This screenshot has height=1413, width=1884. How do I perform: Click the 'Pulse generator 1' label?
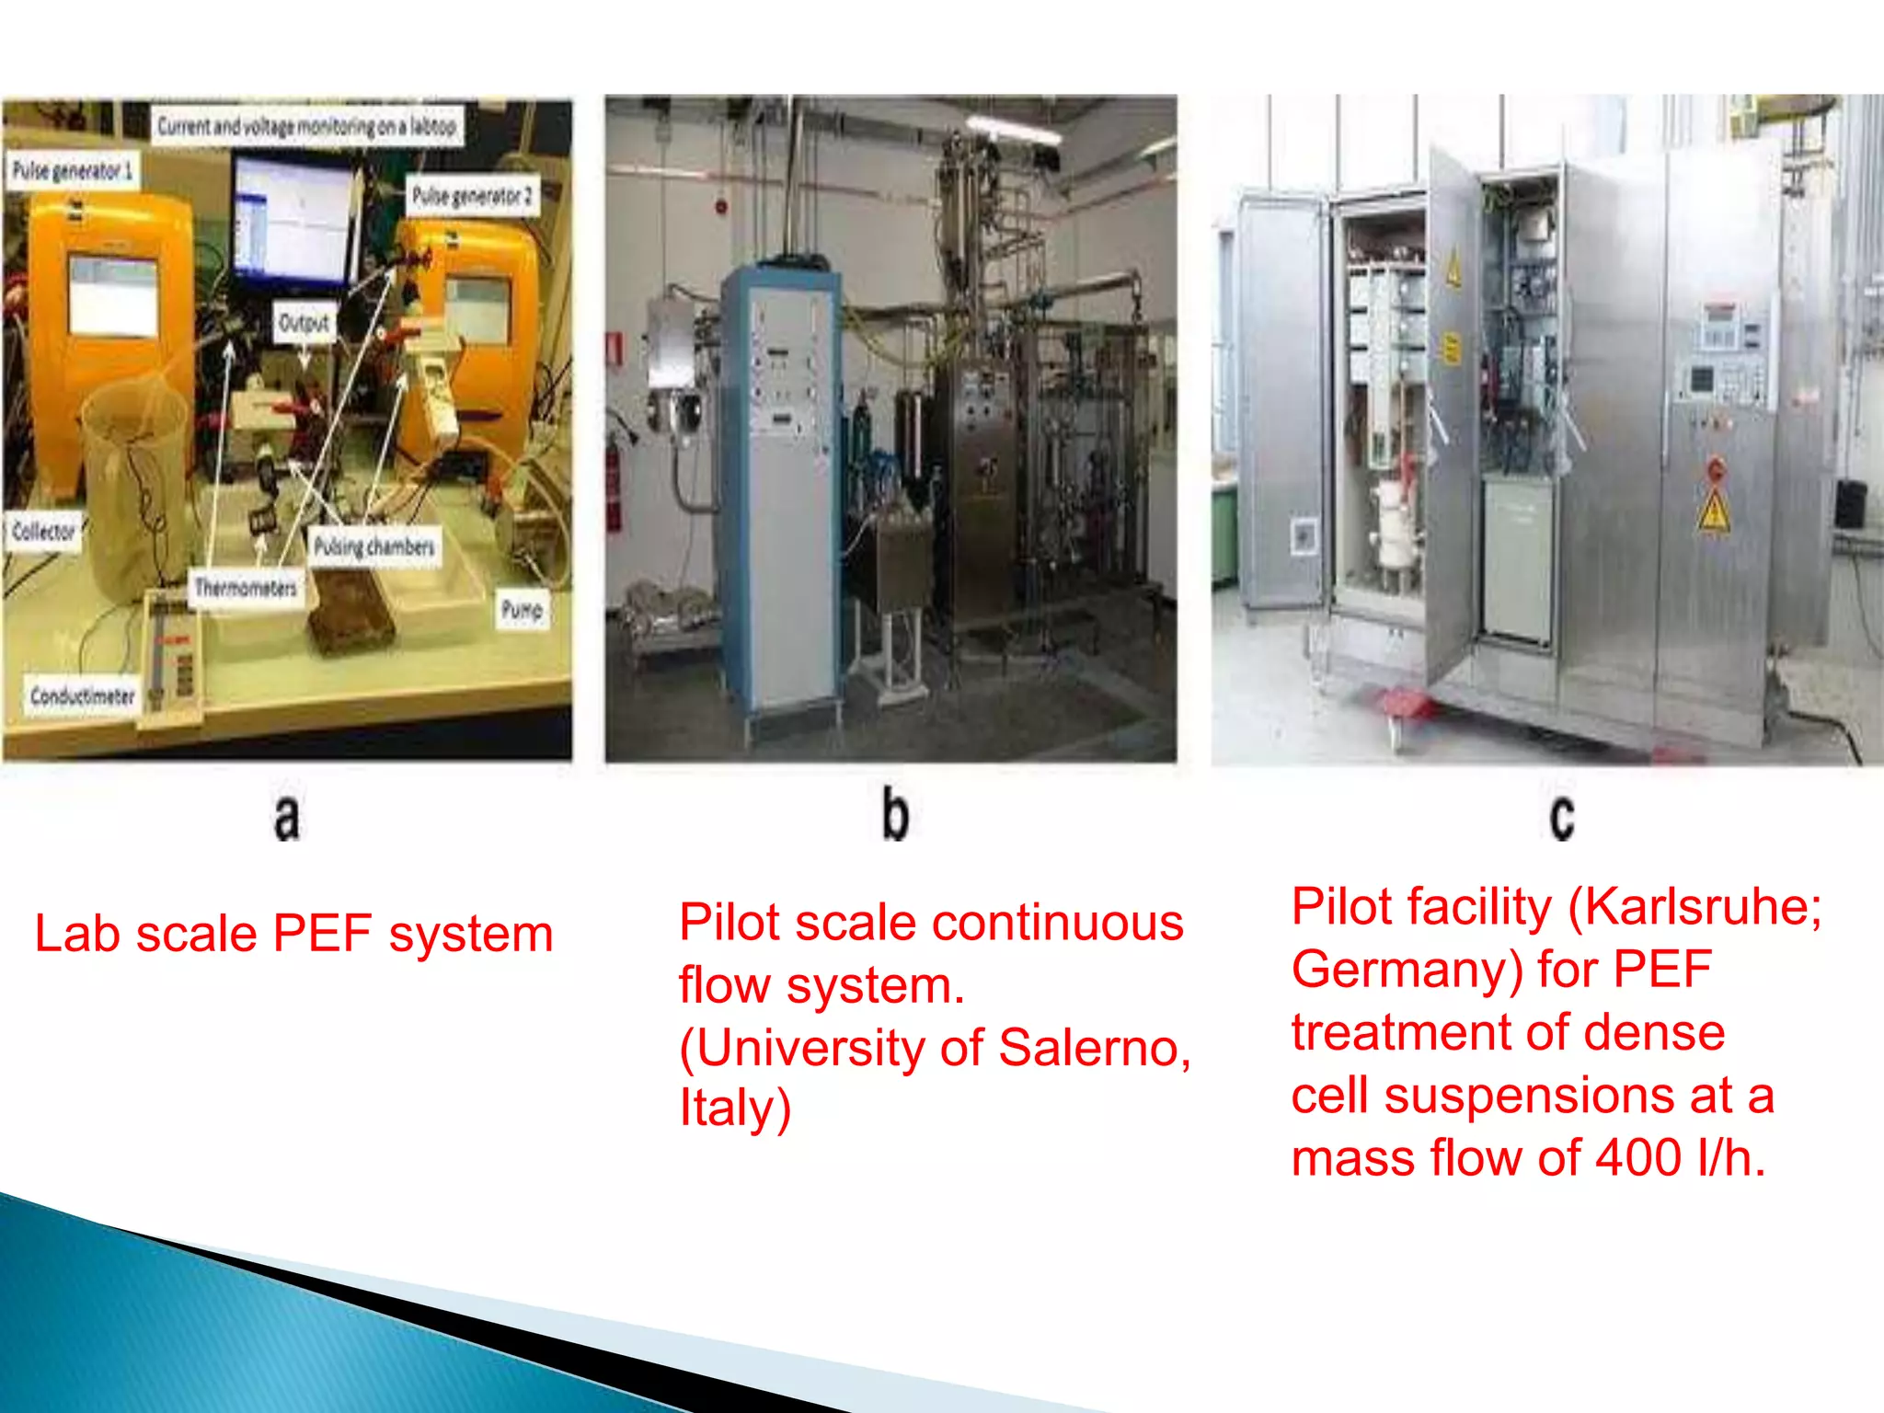(x=73, y=171)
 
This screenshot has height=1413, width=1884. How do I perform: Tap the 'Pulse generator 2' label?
(x=472, y=195)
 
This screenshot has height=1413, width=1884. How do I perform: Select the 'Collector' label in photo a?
(x=43, y=531)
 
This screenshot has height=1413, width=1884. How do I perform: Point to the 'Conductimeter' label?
(x=83, y=695)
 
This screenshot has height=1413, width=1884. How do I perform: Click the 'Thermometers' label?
(x=246, y=587)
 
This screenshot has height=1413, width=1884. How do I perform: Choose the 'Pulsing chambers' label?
(x=373, y=546)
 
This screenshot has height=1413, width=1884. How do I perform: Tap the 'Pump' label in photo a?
(x=522, y=609)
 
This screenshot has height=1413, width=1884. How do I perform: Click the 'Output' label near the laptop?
(x=304, y=323)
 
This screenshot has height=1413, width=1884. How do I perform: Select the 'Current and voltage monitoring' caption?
(x=306, y=126)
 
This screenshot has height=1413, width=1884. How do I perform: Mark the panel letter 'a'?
(x=287, y=817)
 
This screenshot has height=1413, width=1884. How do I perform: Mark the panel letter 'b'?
(x=895, y=814)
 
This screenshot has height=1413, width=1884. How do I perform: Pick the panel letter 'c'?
(x=1561, y=817)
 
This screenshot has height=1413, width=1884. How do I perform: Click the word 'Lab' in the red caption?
(x=77, y=934)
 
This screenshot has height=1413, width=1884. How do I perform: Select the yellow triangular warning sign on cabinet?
(x=1714, y=511)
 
